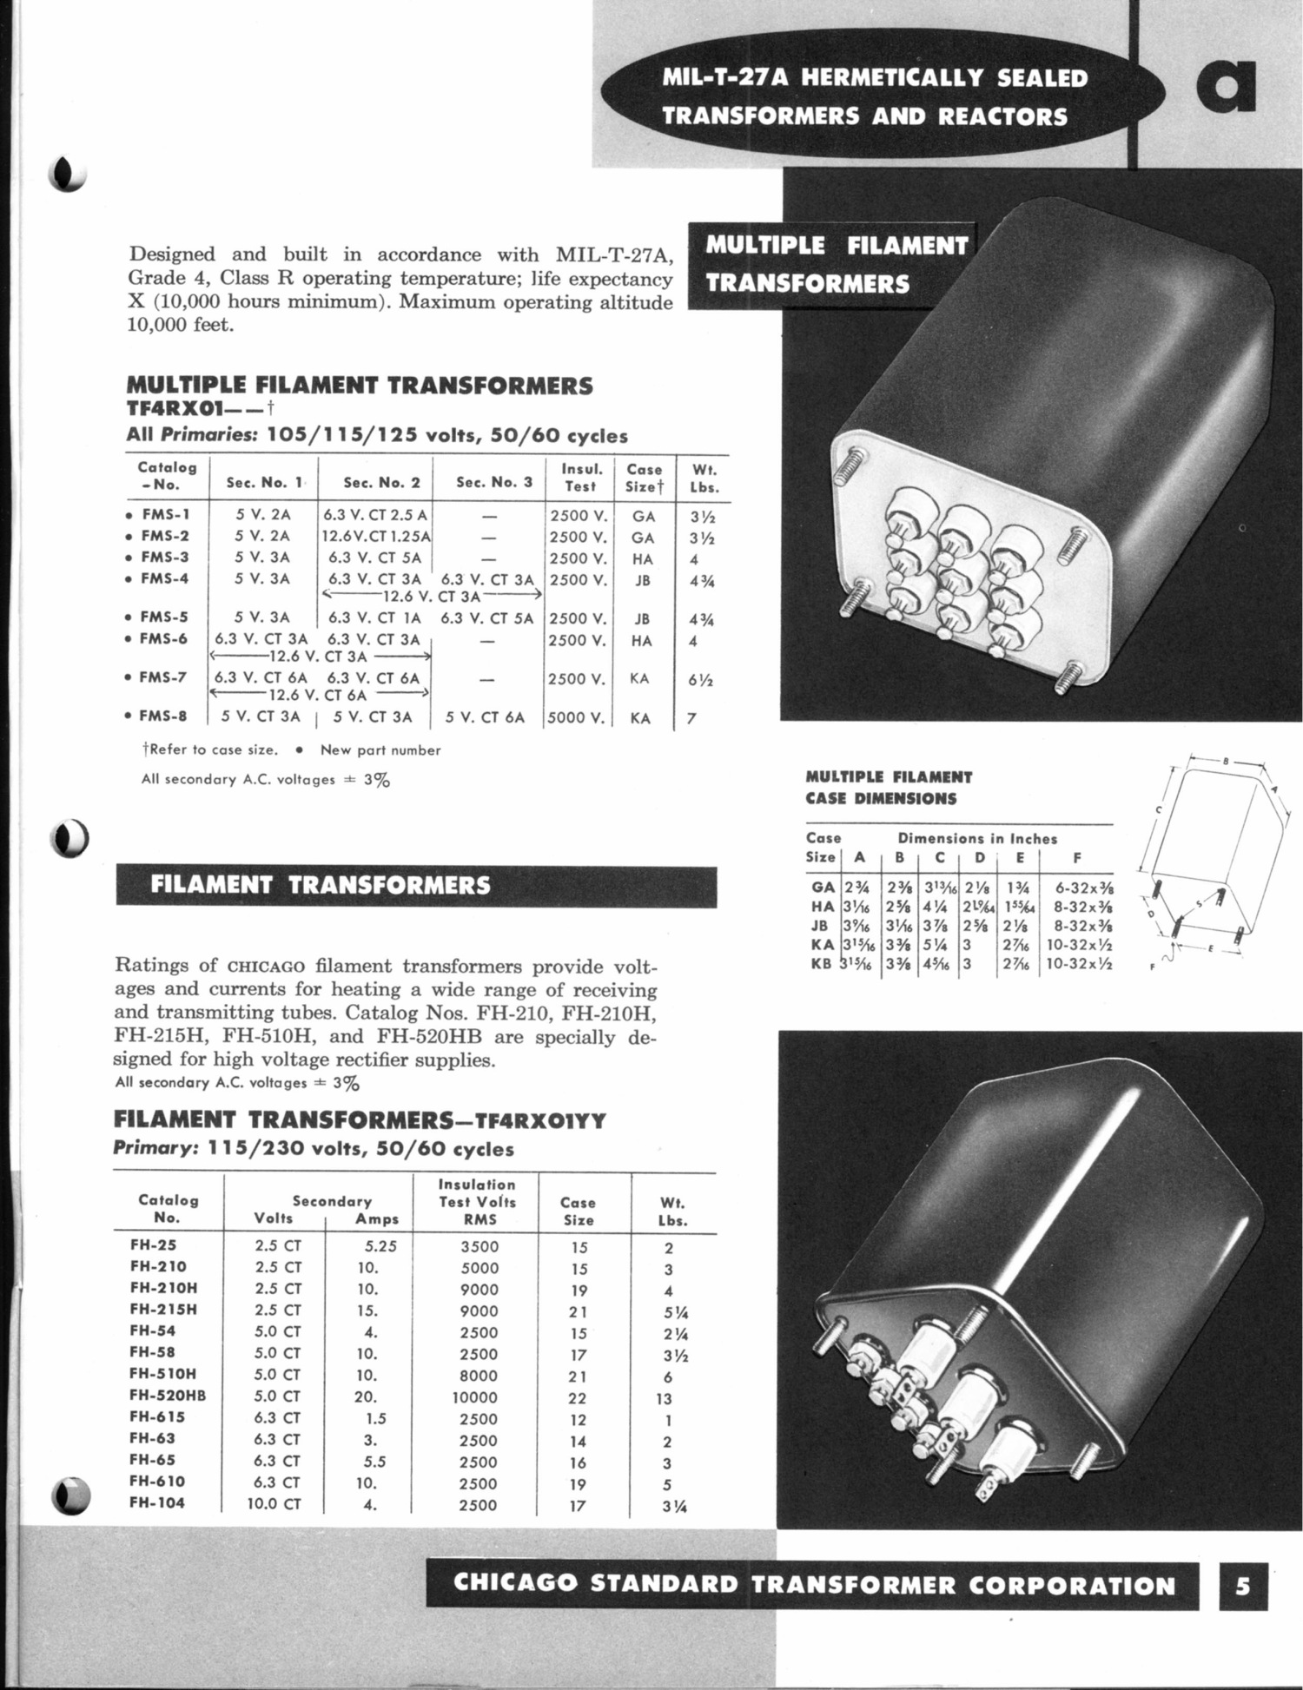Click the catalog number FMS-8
pos(164,716)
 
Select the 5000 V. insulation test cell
pos(577,718)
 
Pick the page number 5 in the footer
pos(1243,1585)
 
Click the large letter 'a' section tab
pos(1226,87)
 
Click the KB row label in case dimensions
pos(821,963)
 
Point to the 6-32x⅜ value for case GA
pos(1083,888)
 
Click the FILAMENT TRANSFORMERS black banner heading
pos(320,885)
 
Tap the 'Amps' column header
pos(377,1219)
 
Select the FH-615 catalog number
pos(157,1416)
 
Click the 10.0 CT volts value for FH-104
pos(274,1503)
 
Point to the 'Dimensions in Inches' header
pos(977,839)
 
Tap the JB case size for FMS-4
pos(643,580)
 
